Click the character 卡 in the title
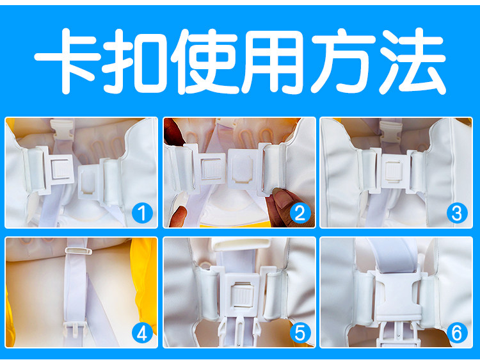coord(68,60)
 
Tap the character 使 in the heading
coord(205,61)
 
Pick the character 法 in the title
coord(413,61)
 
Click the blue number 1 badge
coord(142,213)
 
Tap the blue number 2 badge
coord(300,213)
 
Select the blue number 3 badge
coord(457,213)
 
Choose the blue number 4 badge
coord(142,333)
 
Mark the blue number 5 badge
coord(300,333)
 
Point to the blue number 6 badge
coord(457,333)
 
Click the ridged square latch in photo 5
coord(242,296)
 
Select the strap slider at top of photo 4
coord(78,251)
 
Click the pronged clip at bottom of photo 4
coord(74,328)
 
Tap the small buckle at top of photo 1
coord(62,129)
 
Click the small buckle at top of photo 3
coord(390,131)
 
